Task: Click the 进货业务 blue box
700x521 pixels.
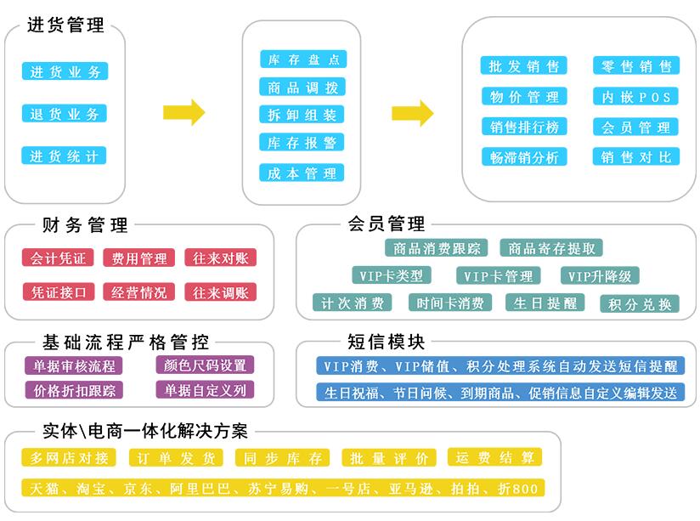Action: tap(65, 71)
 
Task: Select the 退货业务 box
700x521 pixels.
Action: tap(65, 114)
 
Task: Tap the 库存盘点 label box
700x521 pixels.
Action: tap(303, 59)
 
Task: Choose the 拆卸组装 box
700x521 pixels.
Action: tap(302, 115)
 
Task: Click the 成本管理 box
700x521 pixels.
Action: tap(302, 173)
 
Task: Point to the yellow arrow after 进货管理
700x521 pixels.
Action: tap(184, 112)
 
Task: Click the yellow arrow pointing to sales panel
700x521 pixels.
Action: tap(413, 113)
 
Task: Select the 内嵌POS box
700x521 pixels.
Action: tap(635, 97)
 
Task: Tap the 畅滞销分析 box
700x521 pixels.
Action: tap(524, 157)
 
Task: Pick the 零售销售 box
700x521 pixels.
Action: tap(636, 65)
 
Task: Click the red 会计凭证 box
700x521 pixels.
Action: tap(58, 258)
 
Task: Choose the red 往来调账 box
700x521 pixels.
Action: tap(221, 292)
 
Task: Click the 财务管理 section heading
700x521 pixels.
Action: tap(85, 224)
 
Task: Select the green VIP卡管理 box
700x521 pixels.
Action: tap(498, 275)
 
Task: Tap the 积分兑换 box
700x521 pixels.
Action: tap(640, 303)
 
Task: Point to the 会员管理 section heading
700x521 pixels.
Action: tap(387, 224)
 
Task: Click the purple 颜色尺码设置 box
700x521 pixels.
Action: tap(205, 365)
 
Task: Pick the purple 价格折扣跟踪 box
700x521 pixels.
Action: tap(74, 390)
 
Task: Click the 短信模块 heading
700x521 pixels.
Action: tap(387, 342)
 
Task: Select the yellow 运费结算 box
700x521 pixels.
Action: tap(494, 457)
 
